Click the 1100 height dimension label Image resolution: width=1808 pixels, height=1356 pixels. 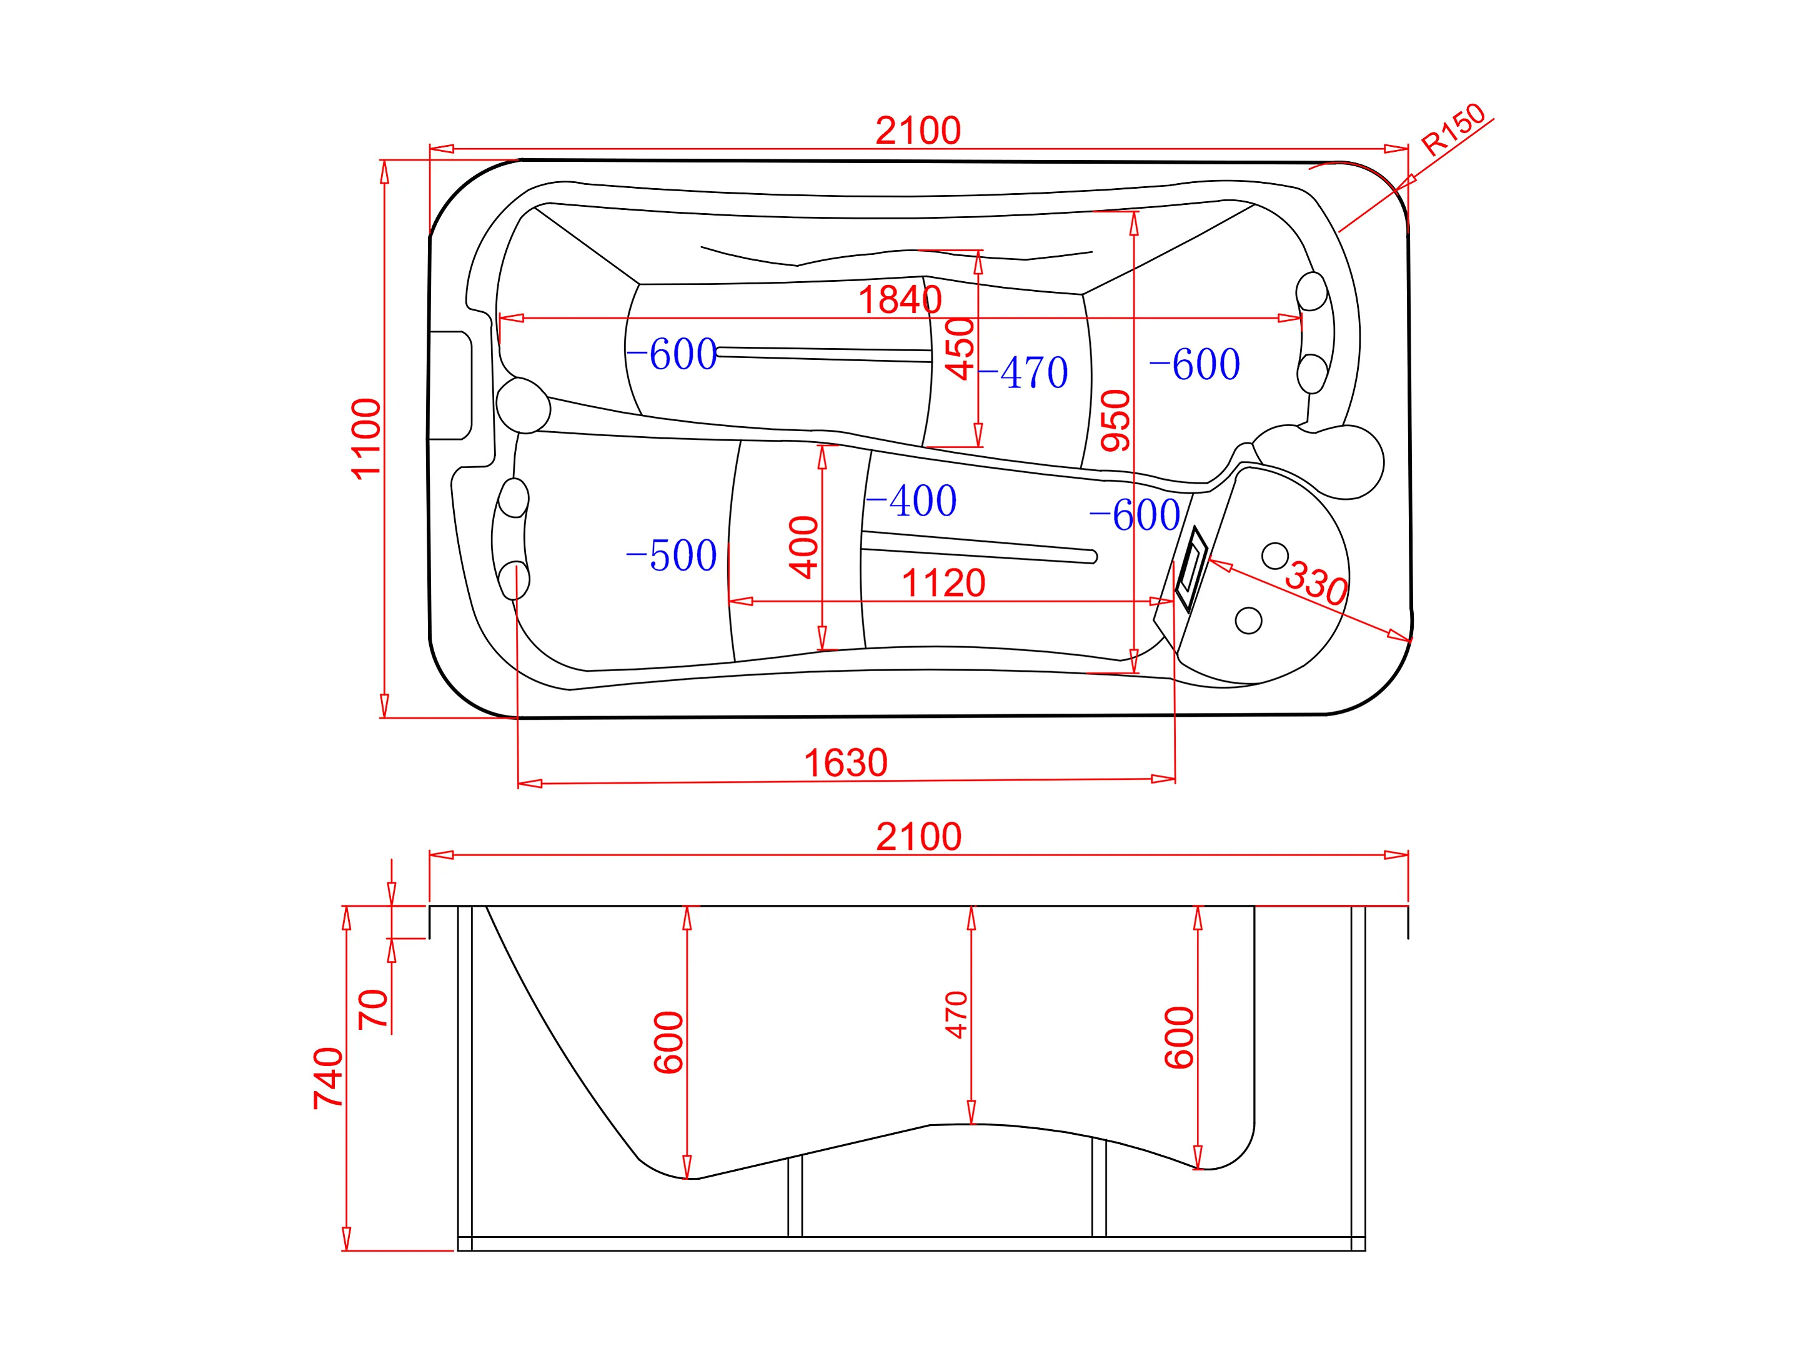(x=365, y=438)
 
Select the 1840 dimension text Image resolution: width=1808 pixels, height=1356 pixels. (x=899, y=300)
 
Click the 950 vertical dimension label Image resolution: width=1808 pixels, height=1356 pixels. (x=1116, y=421)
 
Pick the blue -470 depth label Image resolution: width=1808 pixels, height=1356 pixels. (x=1023, y=372)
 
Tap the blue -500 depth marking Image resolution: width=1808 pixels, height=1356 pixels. (x=671, y=556)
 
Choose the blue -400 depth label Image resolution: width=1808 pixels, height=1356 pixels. (x=911, y=501)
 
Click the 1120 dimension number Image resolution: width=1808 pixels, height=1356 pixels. (x=943, y=584)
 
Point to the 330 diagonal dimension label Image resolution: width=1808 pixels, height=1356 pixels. (x=1315, y=583)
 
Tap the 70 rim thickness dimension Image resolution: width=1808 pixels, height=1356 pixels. (x=374, y=1009)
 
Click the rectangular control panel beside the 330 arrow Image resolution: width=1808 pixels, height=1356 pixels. (x=1191, y=569)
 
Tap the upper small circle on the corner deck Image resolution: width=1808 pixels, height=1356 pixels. (x=1274, y=556)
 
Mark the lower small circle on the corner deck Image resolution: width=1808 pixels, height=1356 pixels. (x=1248, y=621)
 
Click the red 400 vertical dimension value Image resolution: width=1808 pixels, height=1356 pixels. (x=804, y=547)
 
